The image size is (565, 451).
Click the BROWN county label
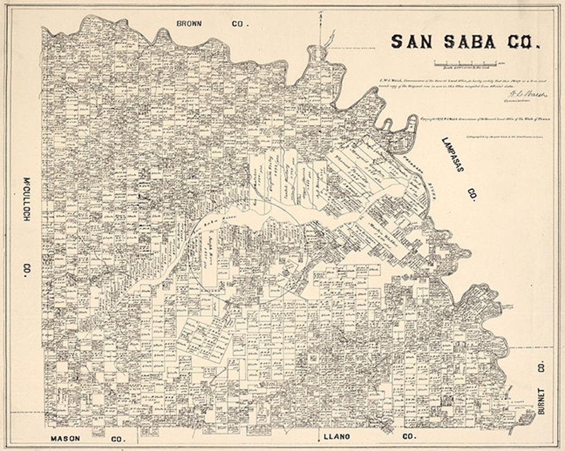pyautogui.click(x=193, y=24)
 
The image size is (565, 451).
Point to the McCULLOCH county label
pyautogui.click(x=25, y=198)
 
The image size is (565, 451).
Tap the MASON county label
pyautogui.click(x=65, y=438)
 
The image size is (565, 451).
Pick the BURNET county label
pyautogui.click(x=541, y=401)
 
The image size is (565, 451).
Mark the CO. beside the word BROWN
pyautogui.click(x=241, y=24)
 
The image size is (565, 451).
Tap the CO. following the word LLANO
pyautogui.click(x=409, y=436)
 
